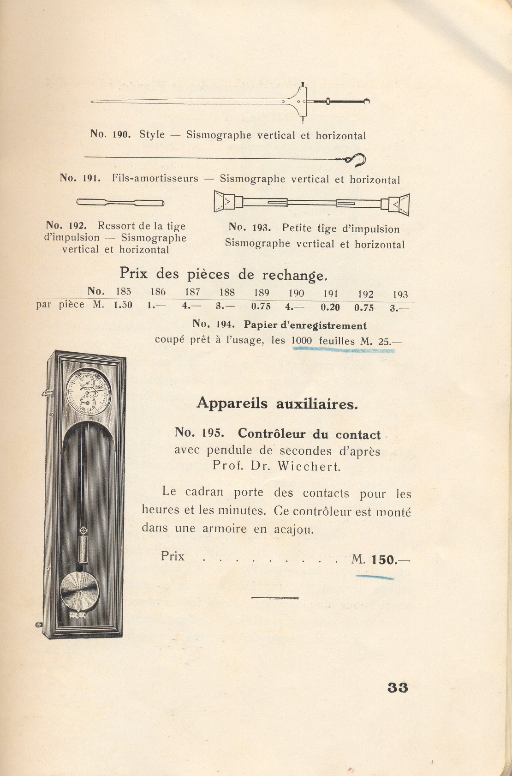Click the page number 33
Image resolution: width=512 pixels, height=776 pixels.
398,687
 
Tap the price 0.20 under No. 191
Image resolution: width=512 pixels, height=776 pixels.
330,307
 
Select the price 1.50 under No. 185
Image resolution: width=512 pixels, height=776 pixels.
123,305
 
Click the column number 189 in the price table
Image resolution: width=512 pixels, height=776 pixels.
262,293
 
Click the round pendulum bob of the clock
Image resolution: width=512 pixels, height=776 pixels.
79,591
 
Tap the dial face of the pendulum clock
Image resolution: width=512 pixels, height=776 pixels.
88,392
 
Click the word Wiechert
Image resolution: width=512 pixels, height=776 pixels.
309,466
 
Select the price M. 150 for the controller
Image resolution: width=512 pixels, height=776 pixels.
380,559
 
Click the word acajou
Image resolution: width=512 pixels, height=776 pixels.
293,529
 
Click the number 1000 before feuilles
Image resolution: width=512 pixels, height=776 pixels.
302,341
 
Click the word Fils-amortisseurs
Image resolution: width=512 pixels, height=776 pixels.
155,178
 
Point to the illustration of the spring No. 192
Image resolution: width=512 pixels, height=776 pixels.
120,202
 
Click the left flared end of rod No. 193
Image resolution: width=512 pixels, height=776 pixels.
224,201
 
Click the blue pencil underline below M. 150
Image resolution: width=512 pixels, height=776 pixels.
375,577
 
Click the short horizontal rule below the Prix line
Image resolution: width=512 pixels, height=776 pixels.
275,598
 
